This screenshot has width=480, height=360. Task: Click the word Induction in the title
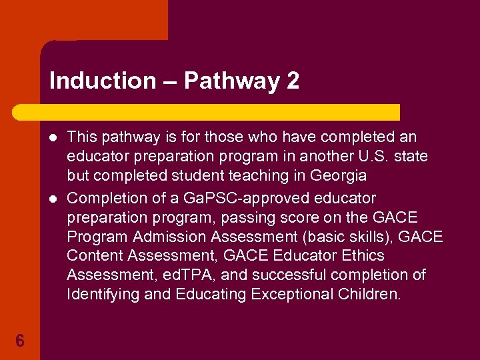coord(102,81)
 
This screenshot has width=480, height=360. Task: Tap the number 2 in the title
coord(292,81)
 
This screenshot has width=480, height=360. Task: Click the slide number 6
coord(20,341)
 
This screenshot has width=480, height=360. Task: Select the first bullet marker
coord(53,138)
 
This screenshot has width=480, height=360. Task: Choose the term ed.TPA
coord(187,275)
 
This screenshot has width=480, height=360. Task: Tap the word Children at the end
coord(369,295)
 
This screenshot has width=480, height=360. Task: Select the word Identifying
coord(101,295)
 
